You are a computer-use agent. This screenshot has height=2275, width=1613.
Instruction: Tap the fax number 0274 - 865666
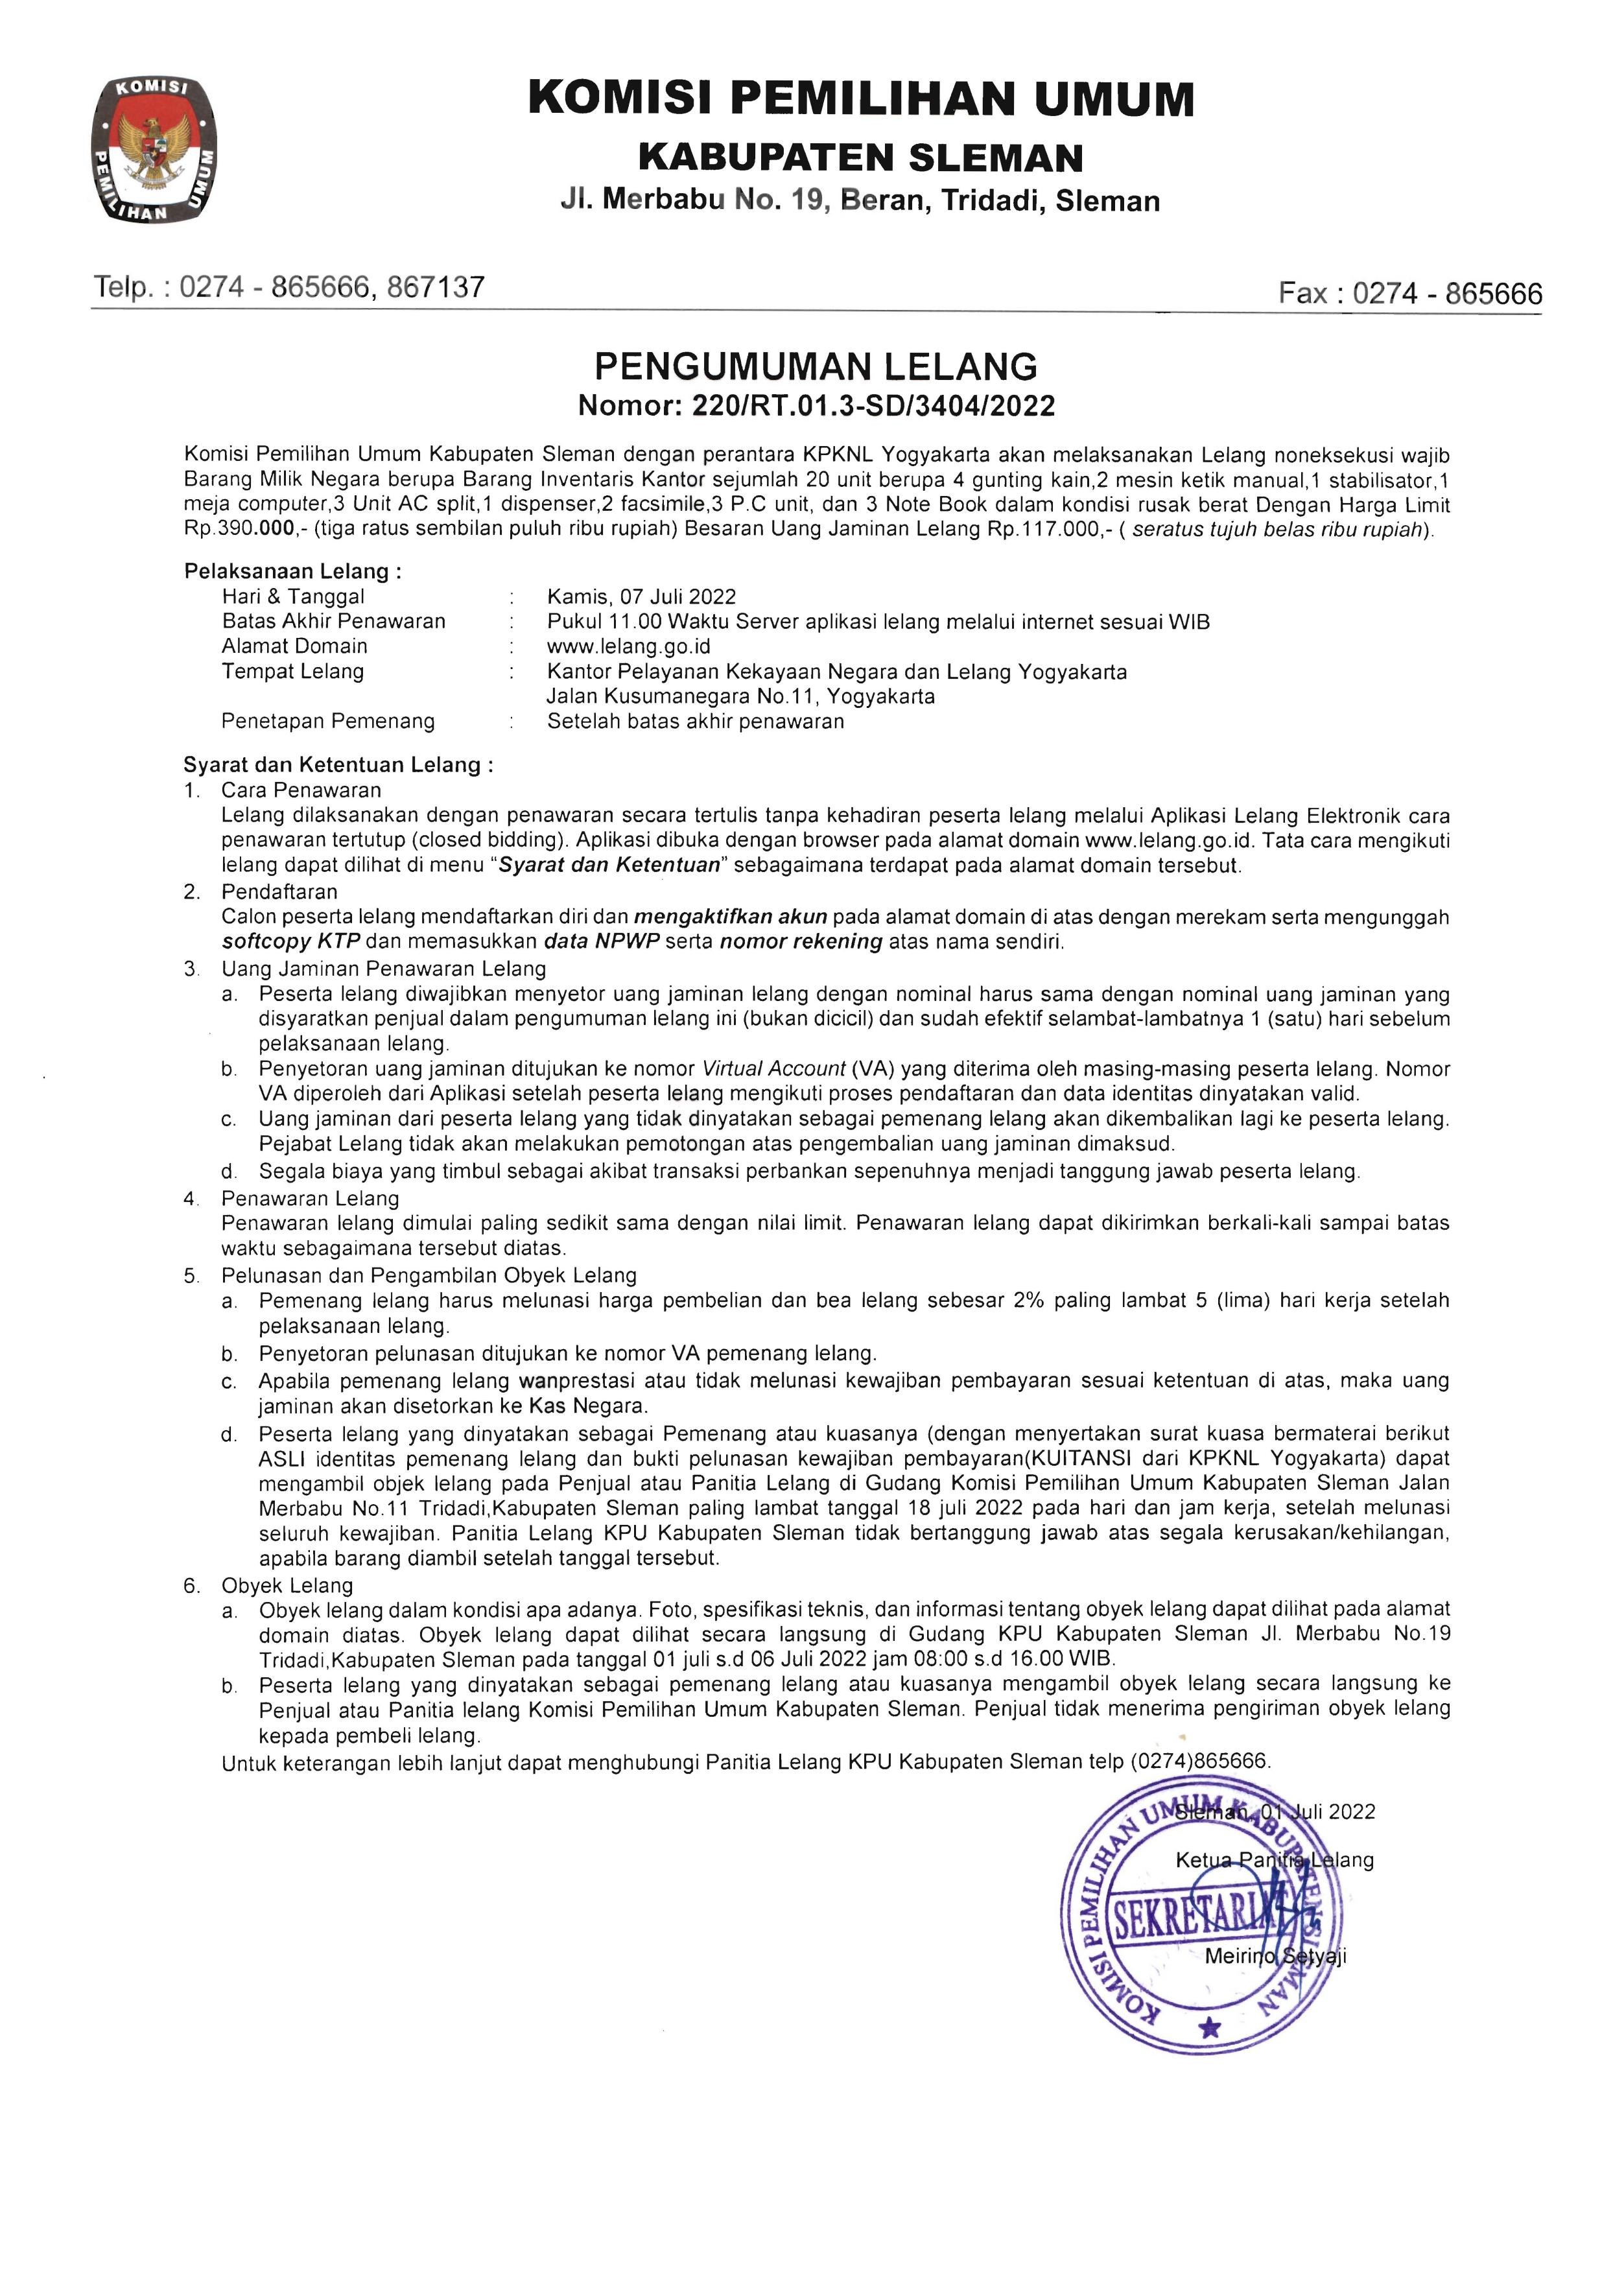pos(1447,293)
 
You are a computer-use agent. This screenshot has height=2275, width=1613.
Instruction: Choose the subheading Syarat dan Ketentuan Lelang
pos(338,764)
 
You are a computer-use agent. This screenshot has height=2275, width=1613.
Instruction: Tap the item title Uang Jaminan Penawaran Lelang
pos(383,968)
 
